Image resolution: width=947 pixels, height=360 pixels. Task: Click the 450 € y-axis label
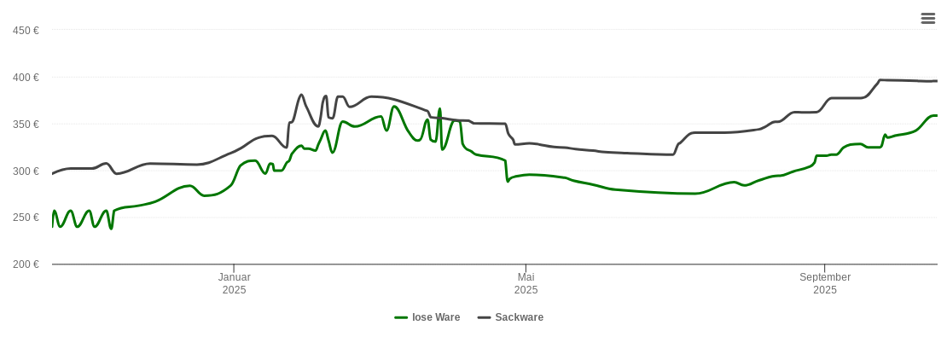pyautogui.click(x=26, y=31)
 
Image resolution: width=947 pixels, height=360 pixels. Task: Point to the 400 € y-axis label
pyautogui.click(x=26, y=78)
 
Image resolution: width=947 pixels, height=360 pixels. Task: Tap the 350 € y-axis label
pyautogui.click(x=26, y=125)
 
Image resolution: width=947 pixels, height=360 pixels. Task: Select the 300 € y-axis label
pyautogui.click(x=26, y=171)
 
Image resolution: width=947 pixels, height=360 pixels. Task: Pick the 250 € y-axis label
pyautogui.click(x=26, y=218)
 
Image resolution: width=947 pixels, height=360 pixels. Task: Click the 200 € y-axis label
pyautogui.click(x=26, y=264)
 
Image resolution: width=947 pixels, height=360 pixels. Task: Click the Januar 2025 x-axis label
pyautogui.click(x=234, y=283)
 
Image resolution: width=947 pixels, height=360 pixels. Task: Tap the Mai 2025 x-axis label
pyautogui.click(x=526, y=283)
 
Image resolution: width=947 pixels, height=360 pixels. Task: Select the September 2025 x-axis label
pyautogui.click(x=824, y=283)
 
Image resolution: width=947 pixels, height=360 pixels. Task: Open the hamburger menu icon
pyautogui.click(x=928, y=19)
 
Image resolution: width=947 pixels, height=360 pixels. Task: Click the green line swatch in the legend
pyautogui.click(x=401, y=317)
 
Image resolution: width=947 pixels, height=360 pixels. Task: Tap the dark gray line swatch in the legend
pyautogui.click(x=484, y=317)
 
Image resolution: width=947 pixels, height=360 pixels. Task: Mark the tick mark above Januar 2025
pyautogui.click(x=234, y=269)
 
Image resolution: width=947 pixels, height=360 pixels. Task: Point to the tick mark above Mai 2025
pyautogui.click(x=526, y=269)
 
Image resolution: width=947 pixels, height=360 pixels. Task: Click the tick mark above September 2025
pyautogui.click(x=824, y=269)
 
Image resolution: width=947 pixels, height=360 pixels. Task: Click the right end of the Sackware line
pyautogui.click(x=937, y=81)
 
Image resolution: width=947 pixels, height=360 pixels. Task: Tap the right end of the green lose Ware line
pyautogui.click(x=937, y=115)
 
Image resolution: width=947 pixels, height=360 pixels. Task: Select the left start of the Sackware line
pyautogui.click(x=53, y=173)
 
